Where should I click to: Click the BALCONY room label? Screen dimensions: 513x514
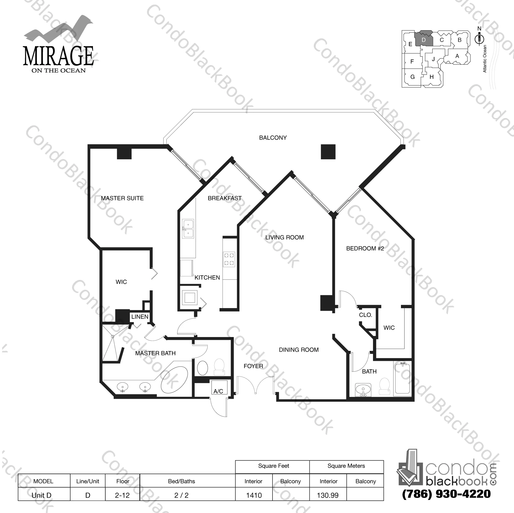tap(273, 138)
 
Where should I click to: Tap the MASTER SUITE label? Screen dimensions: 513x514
tap(122, 198)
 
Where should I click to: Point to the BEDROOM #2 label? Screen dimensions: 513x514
tap(365, 248)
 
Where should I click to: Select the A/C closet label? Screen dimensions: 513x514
tap(218, 391)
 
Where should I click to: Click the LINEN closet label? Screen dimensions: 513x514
tap(140, 317)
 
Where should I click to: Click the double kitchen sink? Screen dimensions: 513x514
tap(188, 229)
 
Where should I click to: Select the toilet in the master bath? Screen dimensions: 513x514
tap(219, 367)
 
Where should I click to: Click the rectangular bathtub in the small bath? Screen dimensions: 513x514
tap(402, 379)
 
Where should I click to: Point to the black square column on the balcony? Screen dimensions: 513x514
tap(328, 152)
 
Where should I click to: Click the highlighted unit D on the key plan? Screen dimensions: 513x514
tap(424, 40)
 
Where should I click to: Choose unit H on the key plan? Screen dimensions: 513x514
tap(431, 77)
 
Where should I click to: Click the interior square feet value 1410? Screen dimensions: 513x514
tap(254, 495)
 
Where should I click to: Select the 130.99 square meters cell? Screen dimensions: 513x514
tap(328, 495)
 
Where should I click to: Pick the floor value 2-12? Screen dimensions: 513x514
tap(122, 495)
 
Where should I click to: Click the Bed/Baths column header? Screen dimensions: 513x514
tap(182, 481)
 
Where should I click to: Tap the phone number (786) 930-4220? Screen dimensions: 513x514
tap(446, 494)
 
